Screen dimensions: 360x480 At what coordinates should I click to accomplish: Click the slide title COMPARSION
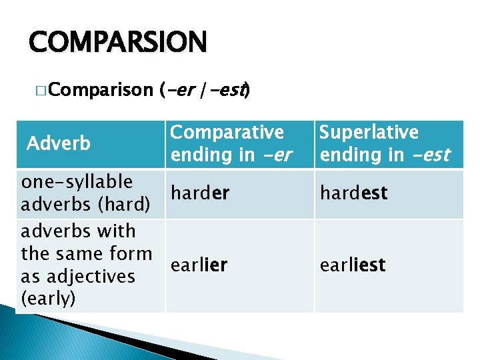(x=118, y=42)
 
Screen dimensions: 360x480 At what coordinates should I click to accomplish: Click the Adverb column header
(x=58, y=143)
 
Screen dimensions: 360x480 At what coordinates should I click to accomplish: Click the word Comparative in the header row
(x=227, y=132)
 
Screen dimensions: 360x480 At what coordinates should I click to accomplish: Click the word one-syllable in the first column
(x=77, y=181)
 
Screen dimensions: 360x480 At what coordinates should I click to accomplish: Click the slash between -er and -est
(x=205, y=89)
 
